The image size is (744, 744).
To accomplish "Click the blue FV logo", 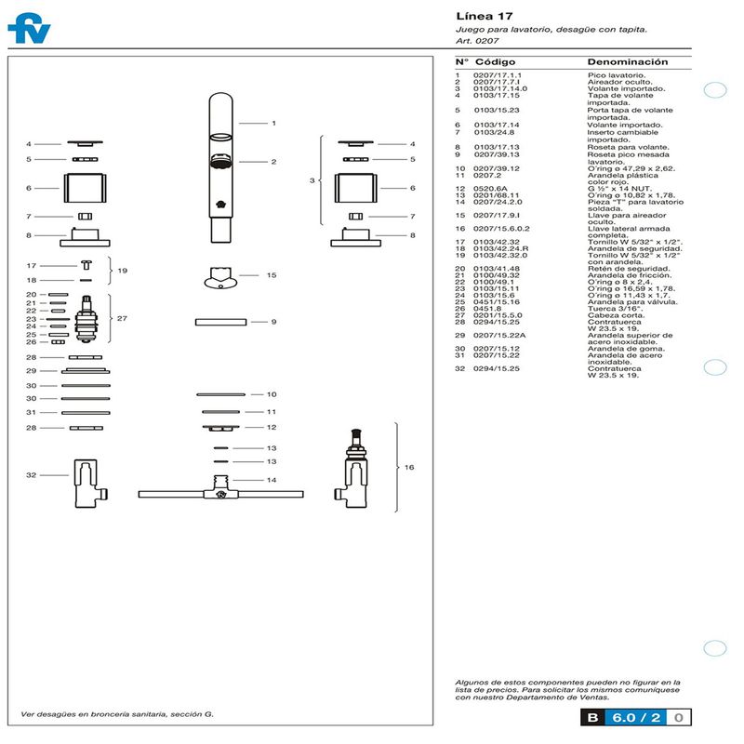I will tap(29, 29).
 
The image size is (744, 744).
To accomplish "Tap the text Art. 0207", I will tap(477, 42).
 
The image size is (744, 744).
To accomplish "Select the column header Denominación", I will tap(628, 61).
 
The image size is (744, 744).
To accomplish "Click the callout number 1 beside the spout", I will tap(273, 123).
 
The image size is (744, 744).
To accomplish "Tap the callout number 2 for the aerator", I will tap(273, 162).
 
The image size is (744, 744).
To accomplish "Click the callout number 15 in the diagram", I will tap(272, 275).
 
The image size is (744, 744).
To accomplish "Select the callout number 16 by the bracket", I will tap(409, 468).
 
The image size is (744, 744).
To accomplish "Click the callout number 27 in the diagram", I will tap(122, 318).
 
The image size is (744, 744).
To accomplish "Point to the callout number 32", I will tap(31, 475).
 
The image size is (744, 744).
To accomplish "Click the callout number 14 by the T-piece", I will tap(272, 481).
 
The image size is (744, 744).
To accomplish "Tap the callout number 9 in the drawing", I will tap(273, 322).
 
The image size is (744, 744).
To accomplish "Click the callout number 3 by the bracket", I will tap(312, 179).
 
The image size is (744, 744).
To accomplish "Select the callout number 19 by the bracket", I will tap(122, 272).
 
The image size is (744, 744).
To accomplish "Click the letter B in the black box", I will tap(592, 717).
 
